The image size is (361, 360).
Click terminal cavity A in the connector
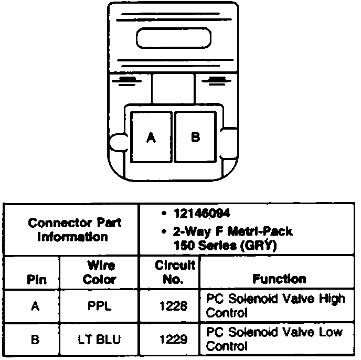click(151, 137)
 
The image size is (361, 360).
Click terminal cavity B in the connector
click(195, 137)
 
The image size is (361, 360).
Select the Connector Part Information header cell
click(75, 230)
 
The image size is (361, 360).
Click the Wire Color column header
click(99, 272)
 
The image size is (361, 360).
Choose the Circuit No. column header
click(175, 272)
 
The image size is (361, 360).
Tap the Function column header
click(279, 279)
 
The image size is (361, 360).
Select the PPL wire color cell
click(99, 306)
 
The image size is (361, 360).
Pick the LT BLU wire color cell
click(99, 340)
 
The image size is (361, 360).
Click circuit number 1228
click(173, 306)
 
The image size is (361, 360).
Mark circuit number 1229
click(173, 340)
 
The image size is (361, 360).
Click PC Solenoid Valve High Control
click(275, 306)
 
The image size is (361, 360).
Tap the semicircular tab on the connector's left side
click(116, 141)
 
